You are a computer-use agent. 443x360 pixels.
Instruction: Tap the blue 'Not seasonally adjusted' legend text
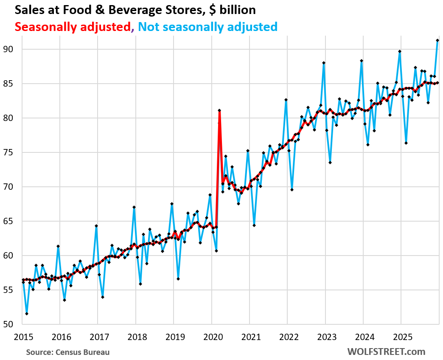207,27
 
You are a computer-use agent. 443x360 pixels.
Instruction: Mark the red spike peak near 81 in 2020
219,110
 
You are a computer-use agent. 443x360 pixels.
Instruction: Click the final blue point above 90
437,40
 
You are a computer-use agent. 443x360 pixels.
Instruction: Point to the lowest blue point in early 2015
27,314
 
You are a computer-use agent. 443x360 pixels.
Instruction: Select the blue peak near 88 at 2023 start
323,63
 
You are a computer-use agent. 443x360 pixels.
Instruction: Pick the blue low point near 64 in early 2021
254,225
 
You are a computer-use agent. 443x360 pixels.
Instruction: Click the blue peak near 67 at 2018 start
134,207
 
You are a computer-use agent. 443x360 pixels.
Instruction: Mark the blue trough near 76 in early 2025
406,143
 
